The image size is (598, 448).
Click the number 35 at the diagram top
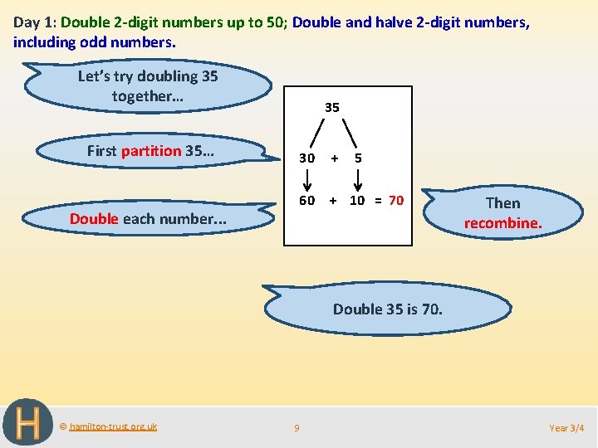(x=331, y=107)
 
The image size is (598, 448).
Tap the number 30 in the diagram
(x=307, y=158)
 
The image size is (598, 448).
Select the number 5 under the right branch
(x=357, y=158)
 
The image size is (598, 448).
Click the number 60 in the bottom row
(x=307, y=201)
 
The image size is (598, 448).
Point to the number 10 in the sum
(x=357, y=201)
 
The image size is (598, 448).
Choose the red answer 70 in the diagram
(x=396, y=201)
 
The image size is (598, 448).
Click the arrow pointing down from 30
(x=307, y=179)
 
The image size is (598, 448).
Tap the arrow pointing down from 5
(x=358, y=179)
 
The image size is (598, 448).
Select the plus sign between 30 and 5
(x=333, y=158)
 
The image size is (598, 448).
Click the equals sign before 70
(x=377, y=201)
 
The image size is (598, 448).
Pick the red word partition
(x=151, y=151)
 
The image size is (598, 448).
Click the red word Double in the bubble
(x=94, y=219)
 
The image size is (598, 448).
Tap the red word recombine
(x=502, y=223)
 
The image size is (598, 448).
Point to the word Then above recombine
(x=502, y=203)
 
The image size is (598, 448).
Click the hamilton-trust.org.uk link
(x=113, y=426)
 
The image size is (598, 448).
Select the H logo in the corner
(x=27, y=423)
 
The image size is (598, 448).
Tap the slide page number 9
(x=297, y=428)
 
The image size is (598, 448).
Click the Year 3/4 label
(x=567, y=428)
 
